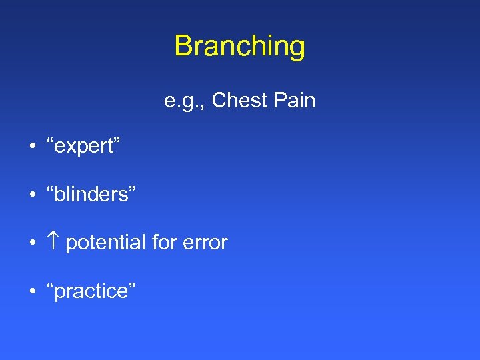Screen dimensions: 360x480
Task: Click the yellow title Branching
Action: (x=240, y=47)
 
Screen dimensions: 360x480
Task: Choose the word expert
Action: (x=83, y=147)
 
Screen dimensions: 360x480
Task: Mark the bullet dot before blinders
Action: (x=32, y=195)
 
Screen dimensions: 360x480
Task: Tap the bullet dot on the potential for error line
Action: (x=32, y=243)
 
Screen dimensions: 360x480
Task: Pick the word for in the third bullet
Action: (x=164, y=243)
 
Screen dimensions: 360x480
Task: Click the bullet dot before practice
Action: (x=32, y=291)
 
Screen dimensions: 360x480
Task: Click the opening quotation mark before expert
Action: (x=50, y=141)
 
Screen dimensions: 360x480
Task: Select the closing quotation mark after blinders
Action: (x=131, y=189)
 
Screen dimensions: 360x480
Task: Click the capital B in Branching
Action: (x=183, y=47)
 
